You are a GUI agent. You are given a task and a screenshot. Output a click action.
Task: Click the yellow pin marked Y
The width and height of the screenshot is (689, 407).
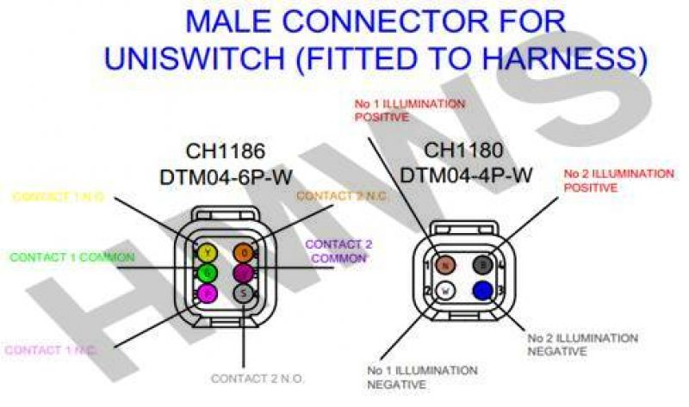click(x=207, y=253)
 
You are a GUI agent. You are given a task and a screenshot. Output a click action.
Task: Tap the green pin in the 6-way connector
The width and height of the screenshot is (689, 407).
click(x=207, y=274)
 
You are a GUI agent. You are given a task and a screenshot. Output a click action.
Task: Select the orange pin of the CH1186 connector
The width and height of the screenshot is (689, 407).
click(x=244, y=253)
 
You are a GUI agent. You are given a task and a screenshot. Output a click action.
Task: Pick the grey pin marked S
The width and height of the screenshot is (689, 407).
click(x=244, y=293)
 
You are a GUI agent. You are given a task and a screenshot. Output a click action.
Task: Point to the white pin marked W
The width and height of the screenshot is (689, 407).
click(x=445, y=290)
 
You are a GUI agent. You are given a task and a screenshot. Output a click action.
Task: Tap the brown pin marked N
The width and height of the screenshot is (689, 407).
click(x=445, y=264)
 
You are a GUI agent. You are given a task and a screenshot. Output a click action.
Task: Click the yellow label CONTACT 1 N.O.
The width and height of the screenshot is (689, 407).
click(x=59, y=197)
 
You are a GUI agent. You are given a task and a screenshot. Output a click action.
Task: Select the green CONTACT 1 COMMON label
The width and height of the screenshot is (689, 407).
click(x=72, y=256)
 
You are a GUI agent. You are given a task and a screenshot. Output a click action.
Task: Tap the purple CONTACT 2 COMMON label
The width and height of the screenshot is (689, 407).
click(x=338, y=251)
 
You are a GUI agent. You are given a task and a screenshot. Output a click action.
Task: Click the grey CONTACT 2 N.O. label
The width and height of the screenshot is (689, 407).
click(x=258, y=378)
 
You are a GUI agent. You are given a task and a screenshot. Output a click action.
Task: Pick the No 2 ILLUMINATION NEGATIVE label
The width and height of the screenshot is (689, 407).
click(x=582, y=344)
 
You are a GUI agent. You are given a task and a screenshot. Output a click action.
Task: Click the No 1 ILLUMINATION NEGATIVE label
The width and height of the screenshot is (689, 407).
click(x=422, y=377)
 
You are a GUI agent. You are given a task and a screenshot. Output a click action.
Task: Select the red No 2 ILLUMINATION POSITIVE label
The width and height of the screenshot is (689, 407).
click(x=618, y=180)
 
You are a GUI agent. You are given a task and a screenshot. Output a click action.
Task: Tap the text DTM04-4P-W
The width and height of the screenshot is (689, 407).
click(x=466, y=175)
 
